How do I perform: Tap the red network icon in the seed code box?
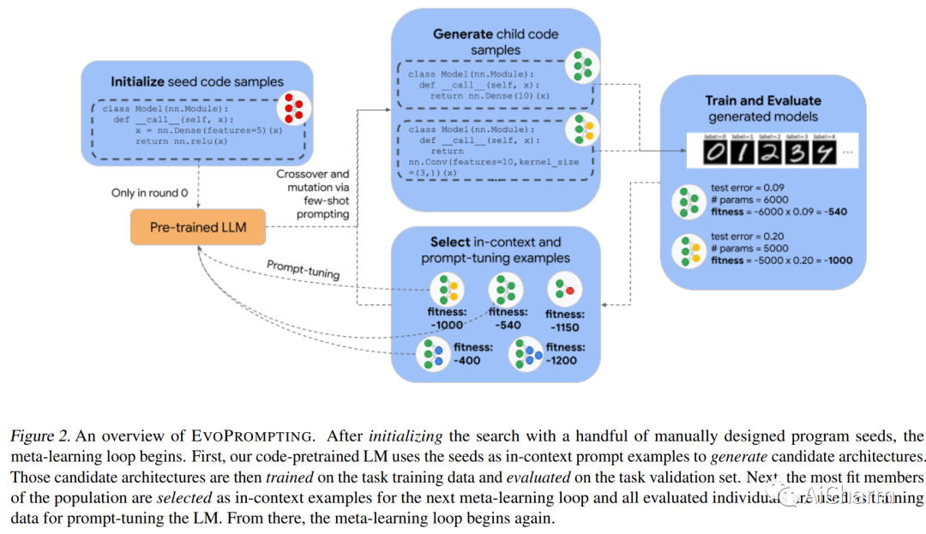coord(291,110)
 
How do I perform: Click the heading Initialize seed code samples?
coord(196,81)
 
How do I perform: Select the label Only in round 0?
coord(150,193)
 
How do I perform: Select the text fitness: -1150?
coord(562,321)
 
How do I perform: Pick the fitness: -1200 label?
coord(562,354)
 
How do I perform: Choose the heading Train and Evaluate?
coord(763,100)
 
